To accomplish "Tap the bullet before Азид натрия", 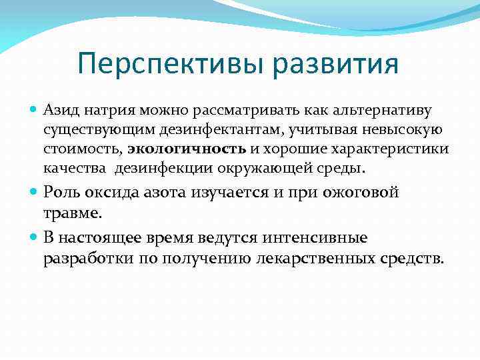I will (x=35, y=109).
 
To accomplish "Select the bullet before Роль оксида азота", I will (x=35, y=193).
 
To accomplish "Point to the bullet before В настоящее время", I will (x=35, y=237).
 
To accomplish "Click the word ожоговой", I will (x=361, y=193).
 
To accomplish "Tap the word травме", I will (x=73, y=214).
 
